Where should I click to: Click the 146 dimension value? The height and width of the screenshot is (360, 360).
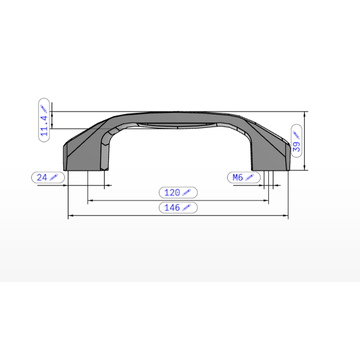click(172, 207)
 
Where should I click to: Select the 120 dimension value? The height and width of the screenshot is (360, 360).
click(172, 192)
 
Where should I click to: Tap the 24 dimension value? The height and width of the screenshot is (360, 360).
click(42, 177)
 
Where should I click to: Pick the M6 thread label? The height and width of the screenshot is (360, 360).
click(238, 177)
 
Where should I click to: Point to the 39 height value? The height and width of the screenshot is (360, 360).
click(296, 147)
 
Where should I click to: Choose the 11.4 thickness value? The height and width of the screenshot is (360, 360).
click(44, 126)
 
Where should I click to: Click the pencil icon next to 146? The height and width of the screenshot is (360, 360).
click(186, 207)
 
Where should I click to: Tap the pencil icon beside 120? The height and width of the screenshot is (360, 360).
click(186, 192)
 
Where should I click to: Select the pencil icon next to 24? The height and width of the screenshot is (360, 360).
click(54, 177)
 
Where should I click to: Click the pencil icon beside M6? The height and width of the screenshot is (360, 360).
click(250, 177)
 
